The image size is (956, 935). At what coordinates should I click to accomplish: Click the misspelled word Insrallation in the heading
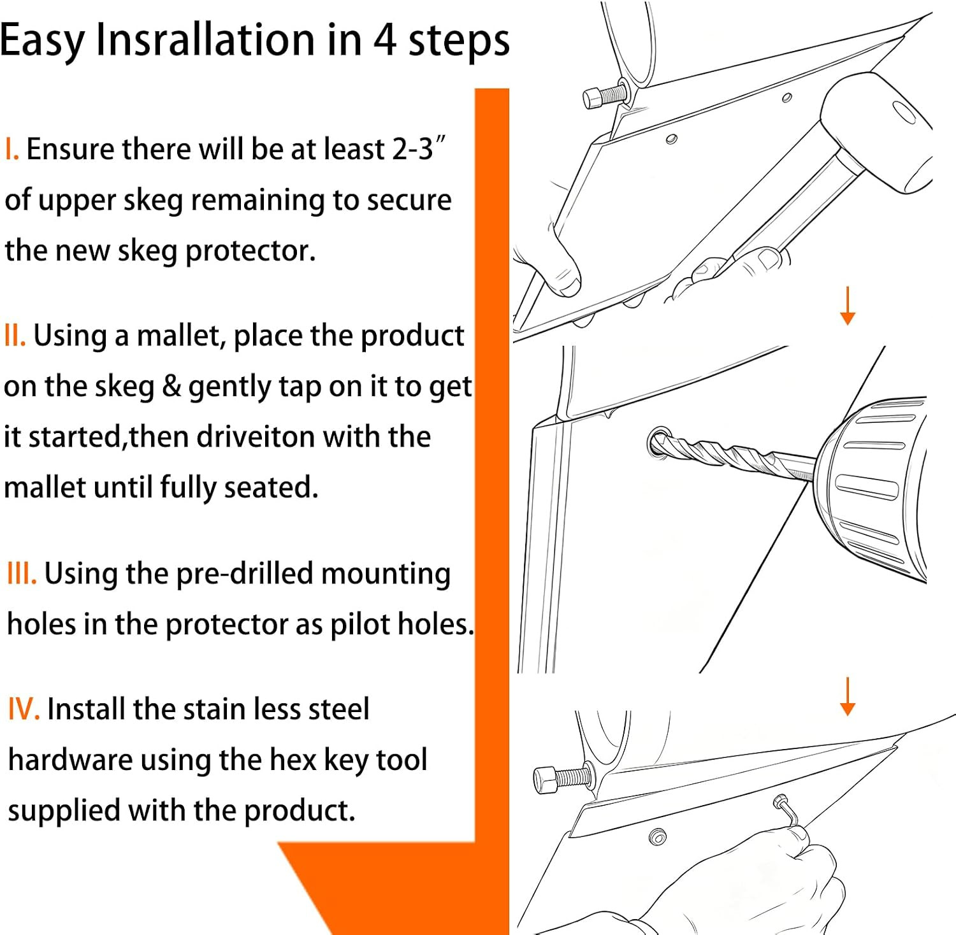205,39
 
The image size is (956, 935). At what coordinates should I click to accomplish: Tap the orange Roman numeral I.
11,149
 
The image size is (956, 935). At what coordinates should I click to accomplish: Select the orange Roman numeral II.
15,335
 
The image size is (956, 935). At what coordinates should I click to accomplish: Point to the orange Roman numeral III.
22,573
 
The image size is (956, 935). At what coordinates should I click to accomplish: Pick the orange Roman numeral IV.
24,709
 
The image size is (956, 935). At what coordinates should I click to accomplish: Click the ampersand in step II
172,386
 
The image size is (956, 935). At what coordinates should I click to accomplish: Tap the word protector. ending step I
250,251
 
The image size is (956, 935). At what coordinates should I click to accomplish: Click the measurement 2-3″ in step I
418,149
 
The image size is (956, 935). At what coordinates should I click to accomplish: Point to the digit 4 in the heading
385,39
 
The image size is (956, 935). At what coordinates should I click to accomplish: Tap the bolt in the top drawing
605,96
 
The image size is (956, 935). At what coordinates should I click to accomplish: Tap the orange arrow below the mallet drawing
848,306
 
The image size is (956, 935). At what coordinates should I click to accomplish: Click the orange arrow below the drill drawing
848,696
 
